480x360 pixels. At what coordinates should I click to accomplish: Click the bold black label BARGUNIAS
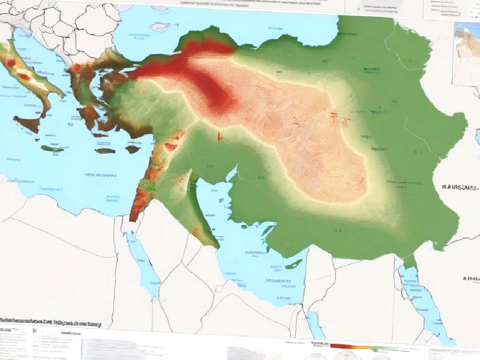click(460, 187)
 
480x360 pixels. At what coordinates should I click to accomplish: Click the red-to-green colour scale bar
click(361, 347)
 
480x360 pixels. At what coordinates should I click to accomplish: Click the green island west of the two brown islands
click(52, 149)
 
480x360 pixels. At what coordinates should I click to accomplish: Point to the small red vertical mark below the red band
click(218, 136)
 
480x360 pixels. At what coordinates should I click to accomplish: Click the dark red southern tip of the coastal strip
click(134, 216)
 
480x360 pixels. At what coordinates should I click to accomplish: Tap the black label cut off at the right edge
click(471, 278)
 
